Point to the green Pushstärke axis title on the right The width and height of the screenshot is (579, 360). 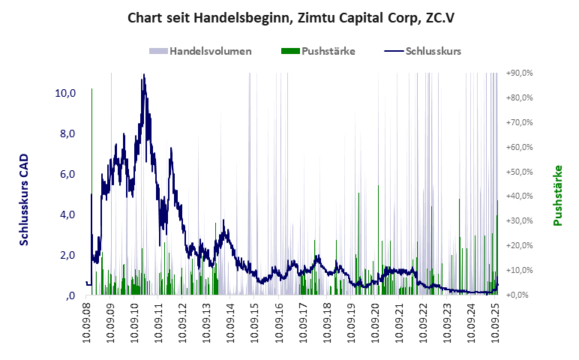[558, 195]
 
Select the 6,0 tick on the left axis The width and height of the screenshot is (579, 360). [67, 174]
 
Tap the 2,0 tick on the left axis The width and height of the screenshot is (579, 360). [67, 255]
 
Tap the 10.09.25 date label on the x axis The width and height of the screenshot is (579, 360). [496, 322]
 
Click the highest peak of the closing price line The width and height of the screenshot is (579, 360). [143, 74]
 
